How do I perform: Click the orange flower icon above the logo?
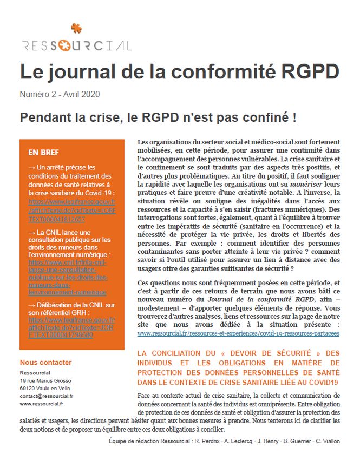[x=76, y=28]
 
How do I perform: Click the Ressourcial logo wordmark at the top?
[x=77, y=45]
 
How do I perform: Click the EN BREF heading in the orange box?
[x=43, y=153]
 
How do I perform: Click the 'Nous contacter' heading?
[x=45, y=362]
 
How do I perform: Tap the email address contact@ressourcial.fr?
[x=47, y=396]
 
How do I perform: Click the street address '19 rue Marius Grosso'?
[x=45, y=380]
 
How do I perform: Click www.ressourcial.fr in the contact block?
[x=41, y=403]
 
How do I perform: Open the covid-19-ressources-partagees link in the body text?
[x=238, y=333]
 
